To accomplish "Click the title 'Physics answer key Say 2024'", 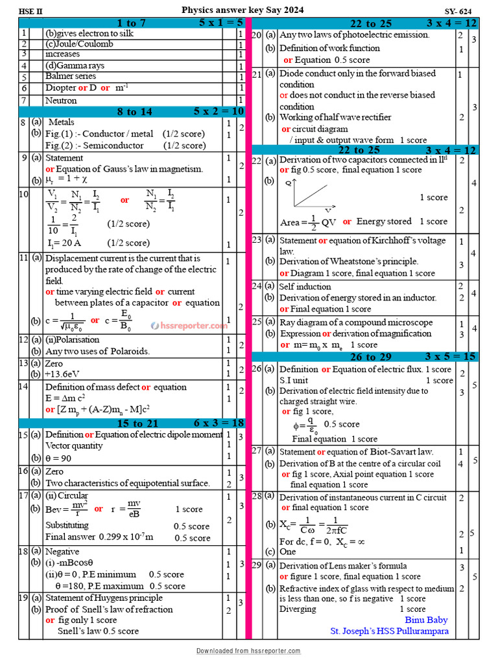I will point(242,10).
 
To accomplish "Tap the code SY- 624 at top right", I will point(458,12).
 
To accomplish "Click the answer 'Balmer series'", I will point(71,76).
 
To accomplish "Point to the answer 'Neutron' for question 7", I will point(61,100).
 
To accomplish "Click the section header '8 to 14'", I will point(134,111).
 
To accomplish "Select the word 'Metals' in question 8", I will point(62,122).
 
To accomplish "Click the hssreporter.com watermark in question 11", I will point(189,326).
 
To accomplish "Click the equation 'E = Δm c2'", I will point(65,398).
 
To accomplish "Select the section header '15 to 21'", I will point(134,423).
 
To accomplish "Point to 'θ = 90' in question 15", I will point(58,458).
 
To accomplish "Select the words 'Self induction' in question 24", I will point(305,286).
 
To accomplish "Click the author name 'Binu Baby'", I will point(427,620).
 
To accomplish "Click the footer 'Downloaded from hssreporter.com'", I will point(248,651).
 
